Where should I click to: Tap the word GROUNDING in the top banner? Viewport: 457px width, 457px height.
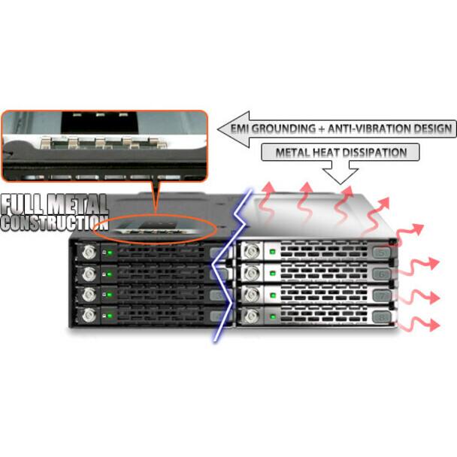283,129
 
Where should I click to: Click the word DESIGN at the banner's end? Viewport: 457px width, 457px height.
428,129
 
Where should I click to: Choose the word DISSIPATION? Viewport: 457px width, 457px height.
374,153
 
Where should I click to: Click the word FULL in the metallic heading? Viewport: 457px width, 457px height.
23,204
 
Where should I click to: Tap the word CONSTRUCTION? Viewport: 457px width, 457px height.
55,223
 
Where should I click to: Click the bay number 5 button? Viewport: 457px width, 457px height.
382,252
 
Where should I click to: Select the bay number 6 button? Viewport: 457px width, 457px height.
382,274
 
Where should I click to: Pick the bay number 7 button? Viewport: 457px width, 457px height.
382,295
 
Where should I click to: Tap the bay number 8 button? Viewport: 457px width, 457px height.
382,317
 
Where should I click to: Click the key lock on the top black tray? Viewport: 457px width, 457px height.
89,252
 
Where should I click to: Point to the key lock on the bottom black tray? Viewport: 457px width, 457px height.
89,315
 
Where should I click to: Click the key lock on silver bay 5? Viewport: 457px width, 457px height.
251,251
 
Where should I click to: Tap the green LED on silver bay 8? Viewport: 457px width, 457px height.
273,316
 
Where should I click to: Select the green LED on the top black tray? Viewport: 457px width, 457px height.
110,253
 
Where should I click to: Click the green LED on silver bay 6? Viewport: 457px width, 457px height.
273,274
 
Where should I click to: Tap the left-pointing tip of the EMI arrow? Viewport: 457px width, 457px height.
218,129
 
